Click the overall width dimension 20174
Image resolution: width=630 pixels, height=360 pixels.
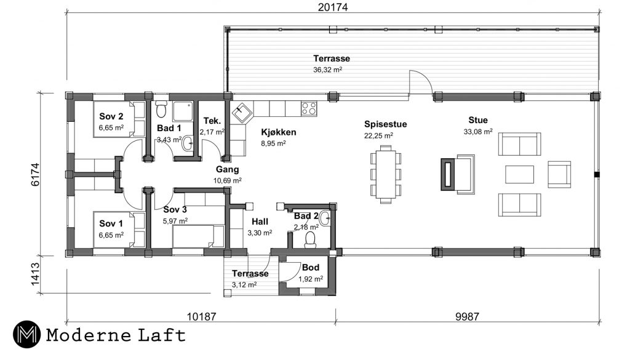click(x=333, y=7)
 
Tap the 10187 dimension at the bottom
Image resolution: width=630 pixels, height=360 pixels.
click(x=201, y=316)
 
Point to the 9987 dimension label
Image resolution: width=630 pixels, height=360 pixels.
click(x=467, y=316)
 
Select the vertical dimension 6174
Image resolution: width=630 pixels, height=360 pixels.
click(x=35, y=174)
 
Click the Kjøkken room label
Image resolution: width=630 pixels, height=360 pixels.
click(x=279, y=132)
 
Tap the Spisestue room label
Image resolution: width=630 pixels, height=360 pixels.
click(x=385, y=124)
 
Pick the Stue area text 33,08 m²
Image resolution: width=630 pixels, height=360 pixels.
click(x=477, y=131)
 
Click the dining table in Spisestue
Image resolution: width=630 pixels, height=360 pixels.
click(x=386, y=175)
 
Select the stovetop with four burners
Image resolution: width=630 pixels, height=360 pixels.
click(x=309, y=108)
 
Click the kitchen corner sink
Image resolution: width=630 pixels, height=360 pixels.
click(x=242, y=113)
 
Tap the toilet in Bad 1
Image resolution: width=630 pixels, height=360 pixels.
click(x=161, y=108)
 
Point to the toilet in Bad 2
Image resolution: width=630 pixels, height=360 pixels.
click(x=310, y=240)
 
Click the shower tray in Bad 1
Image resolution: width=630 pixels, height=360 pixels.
click(x=183, y=111)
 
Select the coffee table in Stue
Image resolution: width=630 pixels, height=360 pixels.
click(x=519, y=174)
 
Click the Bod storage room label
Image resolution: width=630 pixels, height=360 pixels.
click(x=311, y=268)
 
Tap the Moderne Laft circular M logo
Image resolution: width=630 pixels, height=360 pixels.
click(x=26, y=334)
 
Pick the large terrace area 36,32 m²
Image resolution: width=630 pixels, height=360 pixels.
click(x=327, y=70)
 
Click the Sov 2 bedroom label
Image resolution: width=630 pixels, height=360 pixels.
click(x=111, y=116)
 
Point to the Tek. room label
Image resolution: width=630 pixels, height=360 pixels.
click(x=212, y=121)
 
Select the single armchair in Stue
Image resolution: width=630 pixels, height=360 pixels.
click(x=559, y=174)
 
